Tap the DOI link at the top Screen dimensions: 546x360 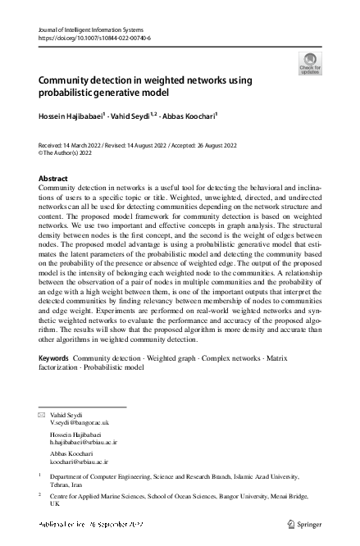coord(94,38)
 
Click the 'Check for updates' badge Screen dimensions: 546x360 coord(311,63)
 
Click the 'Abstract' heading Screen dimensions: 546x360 coord(53,179)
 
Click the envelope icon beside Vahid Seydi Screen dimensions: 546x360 coord(42,415)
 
